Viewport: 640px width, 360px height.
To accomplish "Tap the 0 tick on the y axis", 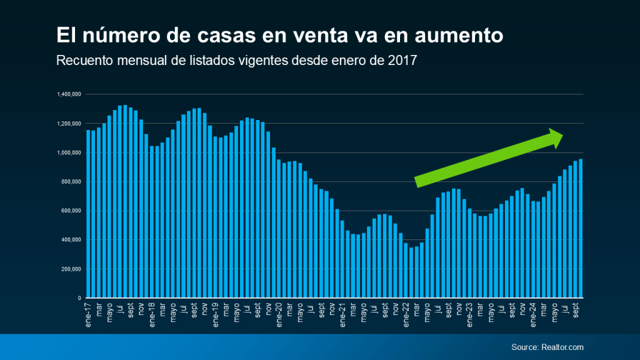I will click(80, 298).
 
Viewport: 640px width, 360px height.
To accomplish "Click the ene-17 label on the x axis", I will click(89, 310).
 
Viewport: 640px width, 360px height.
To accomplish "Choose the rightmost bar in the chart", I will click(581, 229).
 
